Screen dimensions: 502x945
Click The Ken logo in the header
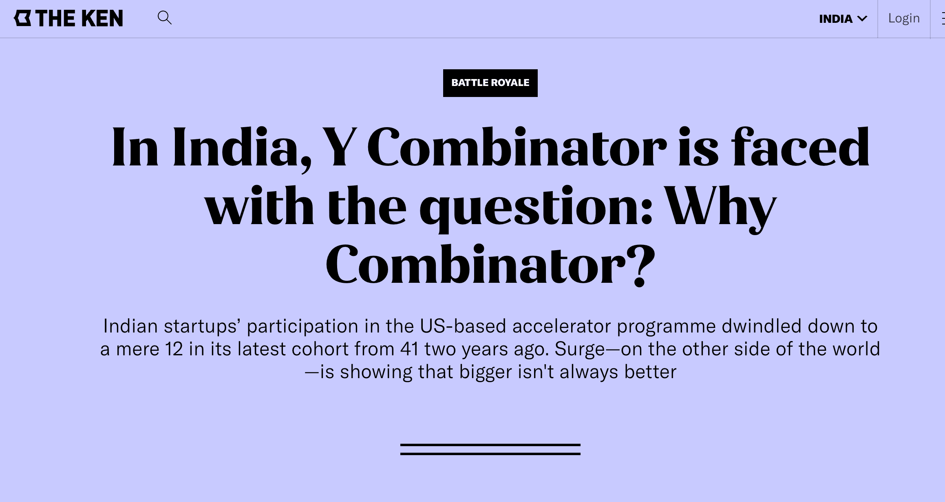pyautogui.click(x=68, y=18)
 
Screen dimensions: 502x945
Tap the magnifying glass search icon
pyautogui.click(x=164, y=18)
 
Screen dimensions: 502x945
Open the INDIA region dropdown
pyautogui.click(x=843, y=19)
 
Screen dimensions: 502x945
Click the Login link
pyautogui.click(x=904, y=18)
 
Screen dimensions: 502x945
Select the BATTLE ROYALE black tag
pyautogui.click(x=490, y=83)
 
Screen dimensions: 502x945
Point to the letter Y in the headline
pyautogui.click(x=339, y=148)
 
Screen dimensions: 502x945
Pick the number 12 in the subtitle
pyautogui.click(x=174, y=349)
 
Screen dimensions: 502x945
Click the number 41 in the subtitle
pyautogui.click(x=409, y=349)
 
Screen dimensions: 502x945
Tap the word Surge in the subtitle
pyautogui.click(x=579, y=349)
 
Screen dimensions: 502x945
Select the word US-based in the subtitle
pyautogui.click(x=463, y=326)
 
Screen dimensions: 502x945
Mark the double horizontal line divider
pyautogui.click(x=490, y=449)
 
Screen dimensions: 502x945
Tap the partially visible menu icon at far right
pyautogui.click(x=942, y=19)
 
